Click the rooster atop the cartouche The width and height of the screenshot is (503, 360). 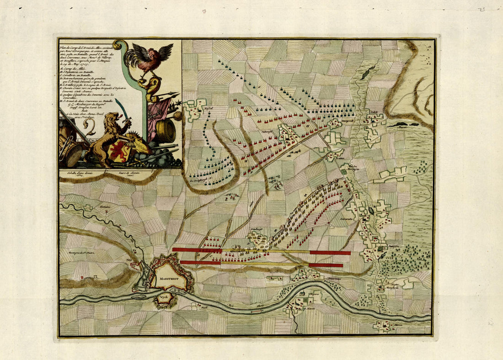(149, 58)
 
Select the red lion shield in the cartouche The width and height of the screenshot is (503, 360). (117, 150)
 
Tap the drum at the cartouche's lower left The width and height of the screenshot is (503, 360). (72, 155)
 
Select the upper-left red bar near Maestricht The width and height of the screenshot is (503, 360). (197, 250)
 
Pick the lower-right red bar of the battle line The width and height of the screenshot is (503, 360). (326, 265)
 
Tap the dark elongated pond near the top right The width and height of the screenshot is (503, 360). (367, 73)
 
